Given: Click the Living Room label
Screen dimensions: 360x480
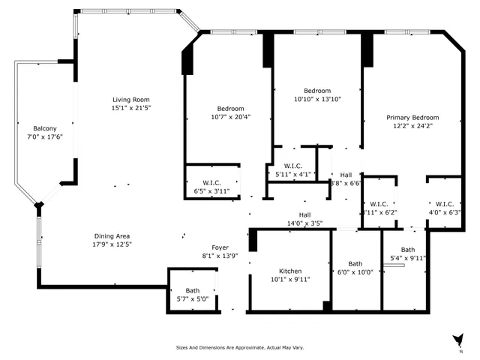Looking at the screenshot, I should [131, 100].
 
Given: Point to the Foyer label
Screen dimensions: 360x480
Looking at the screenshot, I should [220, 247].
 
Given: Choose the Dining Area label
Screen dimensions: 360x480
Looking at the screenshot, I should [112, 235].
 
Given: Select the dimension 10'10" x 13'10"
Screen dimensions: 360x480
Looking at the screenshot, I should [317, 98].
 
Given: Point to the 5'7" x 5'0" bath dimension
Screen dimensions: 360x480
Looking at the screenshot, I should [193, 298].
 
